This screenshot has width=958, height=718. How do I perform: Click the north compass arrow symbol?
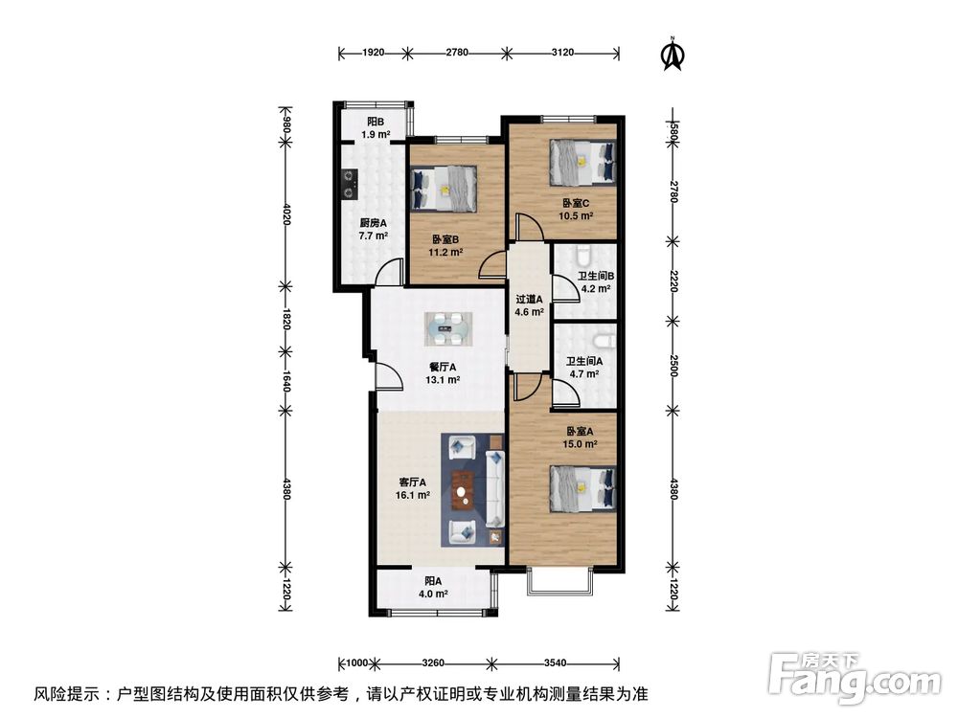673,55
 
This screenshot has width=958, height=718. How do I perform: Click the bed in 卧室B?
443,189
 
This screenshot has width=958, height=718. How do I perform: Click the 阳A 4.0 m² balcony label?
434,587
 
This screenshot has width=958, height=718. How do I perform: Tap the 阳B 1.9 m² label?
376,128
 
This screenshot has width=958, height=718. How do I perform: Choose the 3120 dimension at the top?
562,53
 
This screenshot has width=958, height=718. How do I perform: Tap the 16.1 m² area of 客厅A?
414,496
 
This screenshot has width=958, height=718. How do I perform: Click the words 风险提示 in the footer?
65,693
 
